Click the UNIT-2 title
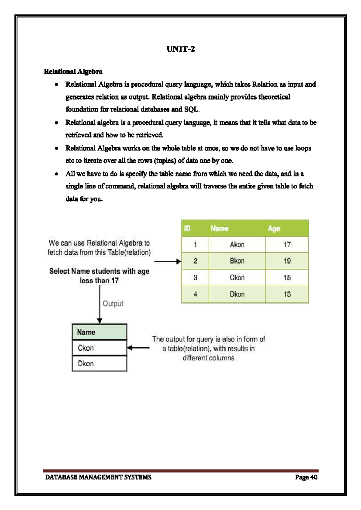point(180,49)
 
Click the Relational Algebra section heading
point(73,72)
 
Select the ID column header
point(187,228)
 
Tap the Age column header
point(274,229)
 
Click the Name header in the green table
point(219,228)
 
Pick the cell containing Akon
point(237,244)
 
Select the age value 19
point(287,261)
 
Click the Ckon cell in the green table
point(237,278)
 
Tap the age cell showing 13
point(287,294)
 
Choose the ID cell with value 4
point(195,294)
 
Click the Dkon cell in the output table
point(86,364)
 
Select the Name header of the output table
point(86,332)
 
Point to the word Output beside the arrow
point(113,304)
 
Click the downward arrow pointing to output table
point(100,304)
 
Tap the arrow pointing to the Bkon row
point(168,262)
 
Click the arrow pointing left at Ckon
point(138,348)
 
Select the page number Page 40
point(306,477)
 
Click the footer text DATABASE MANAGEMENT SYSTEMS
point(98,477)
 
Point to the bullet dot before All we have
point(57,174)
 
